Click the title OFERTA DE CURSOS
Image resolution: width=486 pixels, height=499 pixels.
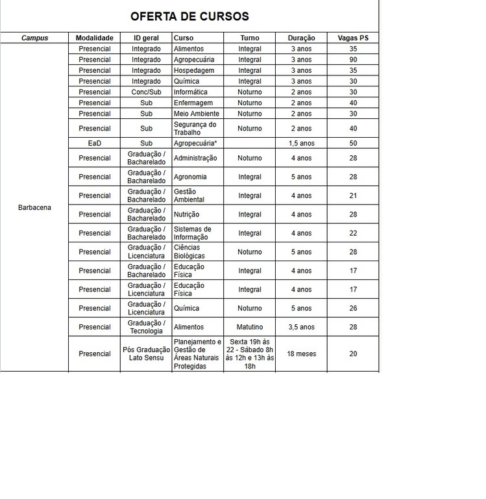click(x=189, y=16)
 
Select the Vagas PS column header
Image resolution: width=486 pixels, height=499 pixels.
click(x=352, y=38)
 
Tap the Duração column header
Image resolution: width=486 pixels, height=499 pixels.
click(x=301, y=38)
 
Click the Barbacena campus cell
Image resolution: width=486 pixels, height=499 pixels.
click(x=34, y=208)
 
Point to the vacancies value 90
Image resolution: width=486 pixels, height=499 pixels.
click(x=352, y=60)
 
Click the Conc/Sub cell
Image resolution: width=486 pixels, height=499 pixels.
click(x=146, y=92)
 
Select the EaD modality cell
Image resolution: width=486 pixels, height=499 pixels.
click(x=94, y=143)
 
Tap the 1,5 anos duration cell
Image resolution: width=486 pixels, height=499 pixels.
click(x=301, y=143)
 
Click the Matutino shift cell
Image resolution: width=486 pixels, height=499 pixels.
click(x=250, y=327)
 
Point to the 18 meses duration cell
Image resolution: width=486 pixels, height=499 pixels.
click(x=301, y=354)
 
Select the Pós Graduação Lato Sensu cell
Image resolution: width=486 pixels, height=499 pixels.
click(x=146, y=354)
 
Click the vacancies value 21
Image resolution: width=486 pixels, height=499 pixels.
click(x=352, y=196)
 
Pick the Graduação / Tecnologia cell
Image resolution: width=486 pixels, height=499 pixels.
click(x=146, y=327)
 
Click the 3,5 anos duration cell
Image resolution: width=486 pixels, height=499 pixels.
click(x=301, y=327)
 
